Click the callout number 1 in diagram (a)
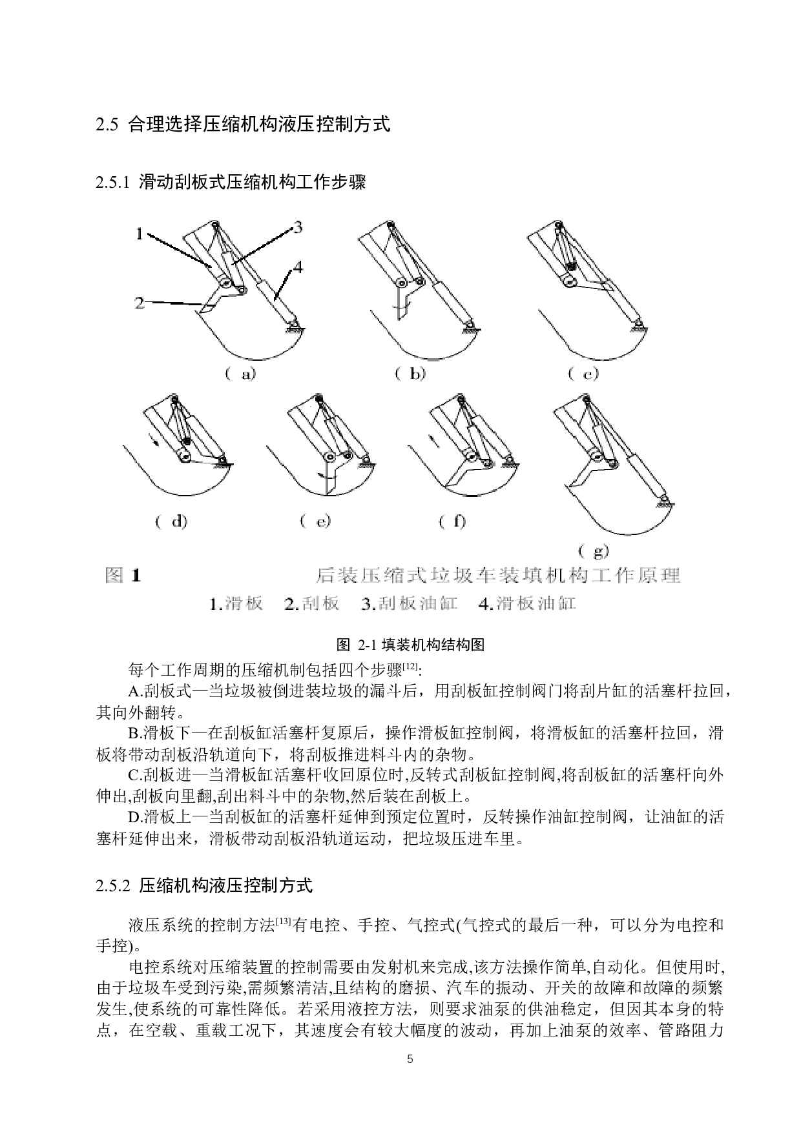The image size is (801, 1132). coord(139,234)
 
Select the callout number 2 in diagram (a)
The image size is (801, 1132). coord(140,302)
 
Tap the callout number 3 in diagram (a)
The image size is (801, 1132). coord(298,227)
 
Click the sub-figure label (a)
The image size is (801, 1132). coord(240,374)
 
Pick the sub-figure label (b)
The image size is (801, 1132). coord(410,374)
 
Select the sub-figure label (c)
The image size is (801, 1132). coord(583,374)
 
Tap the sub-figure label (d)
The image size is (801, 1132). coord(171,521)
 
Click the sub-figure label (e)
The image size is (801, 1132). coord(315,521)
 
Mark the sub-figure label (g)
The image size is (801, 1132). coord(593,551)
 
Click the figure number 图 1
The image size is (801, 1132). coord(123,575)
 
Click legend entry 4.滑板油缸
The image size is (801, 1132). coord(526,604)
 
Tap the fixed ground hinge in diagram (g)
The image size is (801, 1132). coord(662,501)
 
